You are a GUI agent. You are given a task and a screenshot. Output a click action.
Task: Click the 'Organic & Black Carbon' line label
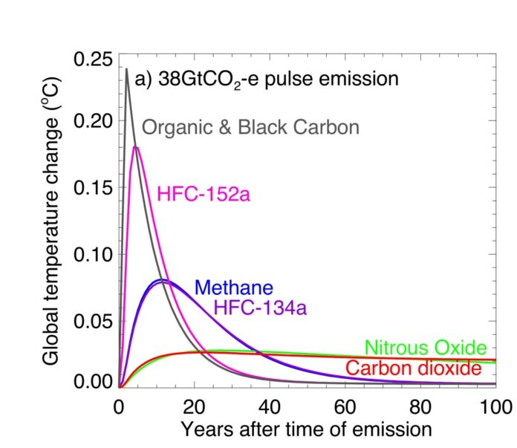coord(250,127)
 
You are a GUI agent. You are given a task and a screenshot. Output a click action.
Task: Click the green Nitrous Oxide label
coord(426,348)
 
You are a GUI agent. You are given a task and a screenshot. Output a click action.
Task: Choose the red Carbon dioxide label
coord(419,368)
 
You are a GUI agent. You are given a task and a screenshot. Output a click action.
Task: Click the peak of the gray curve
coord(126,69)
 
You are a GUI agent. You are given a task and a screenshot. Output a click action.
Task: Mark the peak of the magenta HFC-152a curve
coord(136,147)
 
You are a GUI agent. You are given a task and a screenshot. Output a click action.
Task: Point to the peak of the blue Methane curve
coord(160,279)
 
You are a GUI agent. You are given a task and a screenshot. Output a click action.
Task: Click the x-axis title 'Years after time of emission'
coord(306,429)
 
